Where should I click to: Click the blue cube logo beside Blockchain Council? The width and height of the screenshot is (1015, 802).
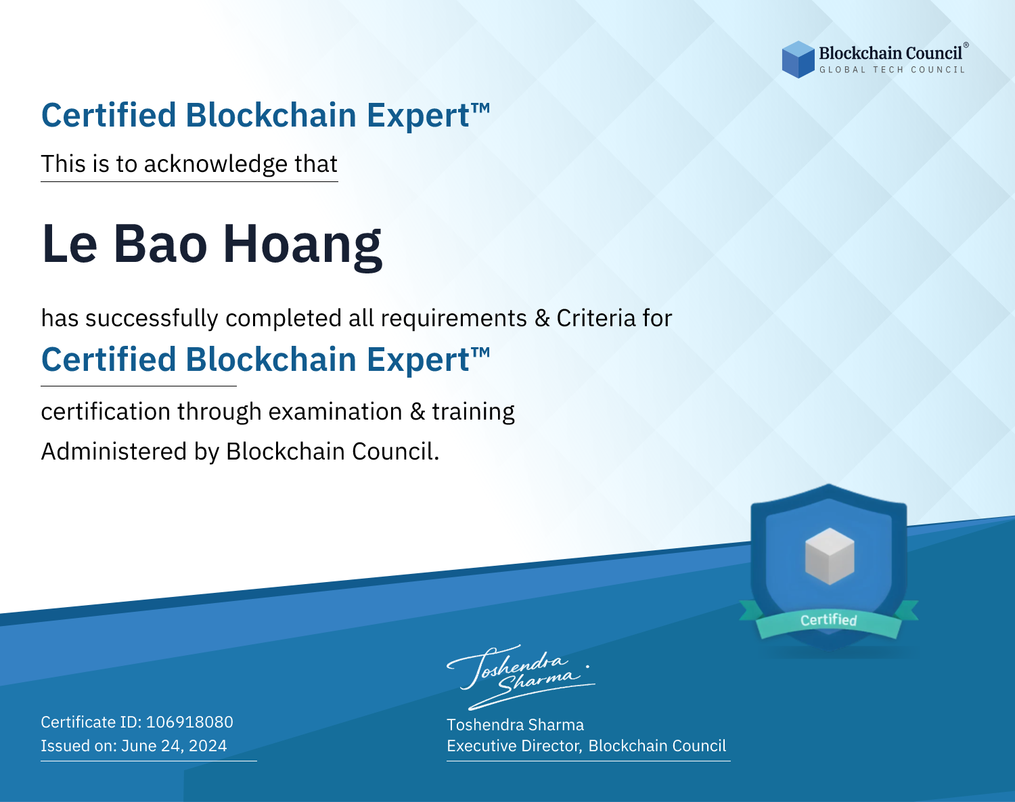[x=798, y=60]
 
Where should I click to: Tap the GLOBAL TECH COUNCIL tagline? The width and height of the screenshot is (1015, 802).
[x=893, y=70]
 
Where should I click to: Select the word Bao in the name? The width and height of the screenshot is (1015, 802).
[x=160, y=244]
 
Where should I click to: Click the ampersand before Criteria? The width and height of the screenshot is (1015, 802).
[x=542, y=318]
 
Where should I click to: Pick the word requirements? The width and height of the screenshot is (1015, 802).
[x=454, y=319]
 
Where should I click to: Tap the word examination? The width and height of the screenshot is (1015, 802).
[x=335, y=411]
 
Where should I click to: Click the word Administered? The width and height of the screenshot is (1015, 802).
[x=114, y=451]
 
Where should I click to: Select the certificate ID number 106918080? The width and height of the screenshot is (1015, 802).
[x=189, y=721]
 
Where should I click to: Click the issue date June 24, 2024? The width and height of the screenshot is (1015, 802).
[x=174, y=745]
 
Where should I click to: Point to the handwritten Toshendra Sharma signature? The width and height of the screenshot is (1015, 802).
[x=521, y=677]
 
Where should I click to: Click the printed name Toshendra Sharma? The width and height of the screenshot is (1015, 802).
[x=515, y=725]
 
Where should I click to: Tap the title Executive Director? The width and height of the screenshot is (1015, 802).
[x=514, y=746]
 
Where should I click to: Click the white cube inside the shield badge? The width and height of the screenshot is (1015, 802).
[x=830, y=556]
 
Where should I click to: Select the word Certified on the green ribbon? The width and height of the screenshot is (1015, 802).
[x=829, y=620]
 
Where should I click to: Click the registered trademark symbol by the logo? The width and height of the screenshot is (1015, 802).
[x=966, y=45]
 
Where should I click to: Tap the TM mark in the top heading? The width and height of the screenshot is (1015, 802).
[x=480, y=108]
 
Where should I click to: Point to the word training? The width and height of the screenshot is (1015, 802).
[x=473, y=412]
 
